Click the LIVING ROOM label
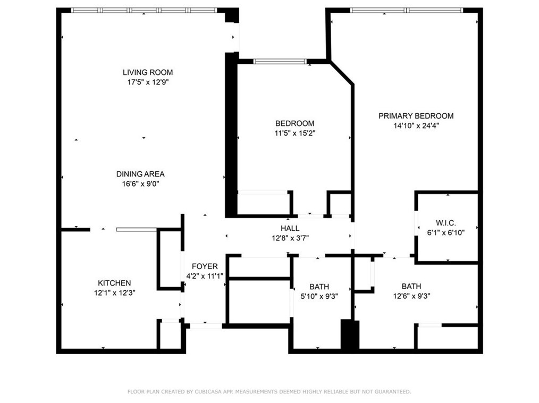click(148, 72)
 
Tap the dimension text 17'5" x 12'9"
click(148, 82)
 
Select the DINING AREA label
click(140, 174)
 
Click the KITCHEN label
click(114, 283)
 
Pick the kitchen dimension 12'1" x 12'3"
click(114, 292)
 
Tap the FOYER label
click(205, 266)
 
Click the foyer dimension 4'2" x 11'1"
click(205, 276)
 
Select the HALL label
click(290, 228)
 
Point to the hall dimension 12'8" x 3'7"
click(290, 238)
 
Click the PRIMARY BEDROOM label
click(416, 116)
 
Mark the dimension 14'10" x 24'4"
click(416, 126)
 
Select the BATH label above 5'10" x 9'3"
click(319, 287)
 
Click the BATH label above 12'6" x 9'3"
click(411, 287)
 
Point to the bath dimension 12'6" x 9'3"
click(411, 296)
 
